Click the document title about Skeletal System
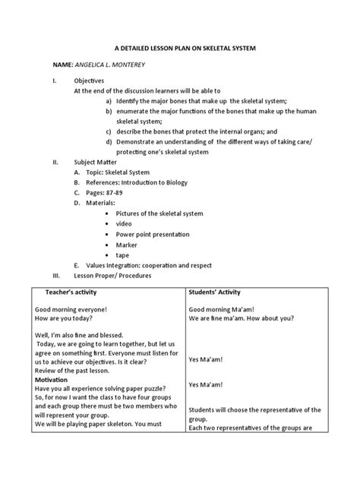click(x=180, y=48)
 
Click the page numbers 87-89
click(x=103, y=194)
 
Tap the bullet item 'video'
click(x=125, y=225)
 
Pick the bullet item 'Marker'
click(x=127, y=245)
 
